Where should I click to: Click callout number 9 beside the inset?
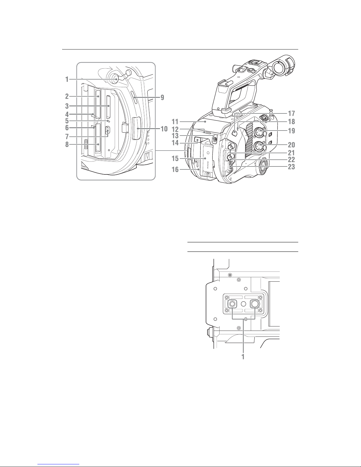click(x=162, y=97)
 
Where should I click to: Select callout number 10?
click(x=164, y=129)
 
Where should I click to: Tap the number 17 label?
click(x=291, y=113)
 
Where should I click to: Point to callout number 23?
click(x=291, y=167)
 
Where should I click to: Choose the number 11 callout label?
click(x=175, y=122)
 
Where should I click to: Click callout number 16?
click(x=175, y=170)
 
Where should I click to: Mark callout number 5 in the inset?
click(x=67, y=121)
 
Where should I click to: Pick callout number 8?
click(x=67, y=144)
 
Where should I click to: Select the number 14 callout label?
click(x=175, y=143)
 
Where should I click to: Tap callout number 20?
click(x=291, y=145)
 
